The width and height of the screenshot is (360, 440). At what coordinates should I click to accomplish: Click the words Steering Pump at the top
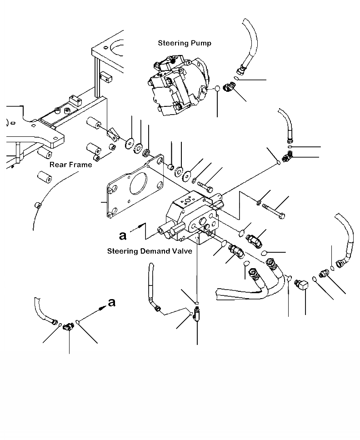pos(184,43)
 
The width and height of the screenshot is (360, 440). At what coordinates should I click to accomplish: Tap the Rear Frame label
pos(70,165)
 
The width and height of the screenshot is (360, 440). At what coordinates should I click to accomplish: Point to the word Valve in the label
pos(182,250)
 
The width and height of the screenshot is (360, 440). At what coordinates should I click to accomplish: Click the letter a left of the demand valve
pos(122,235)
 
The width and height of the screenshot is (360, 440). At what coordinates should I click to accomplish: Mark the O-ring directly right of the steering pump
pos(218,89)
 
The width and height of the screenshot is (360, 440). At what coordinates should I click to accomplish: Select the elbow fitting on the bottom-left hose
pos(69,325)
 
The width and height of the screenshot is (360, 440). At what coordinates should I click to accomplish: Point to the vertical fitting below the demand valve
pos(197,315)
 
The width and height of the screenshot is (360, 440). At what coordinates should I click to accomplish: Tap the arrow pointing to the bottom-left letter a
pos(93,313)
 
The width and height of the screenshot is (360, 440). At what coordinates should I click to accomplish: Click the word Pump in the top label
pos(201,43)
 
